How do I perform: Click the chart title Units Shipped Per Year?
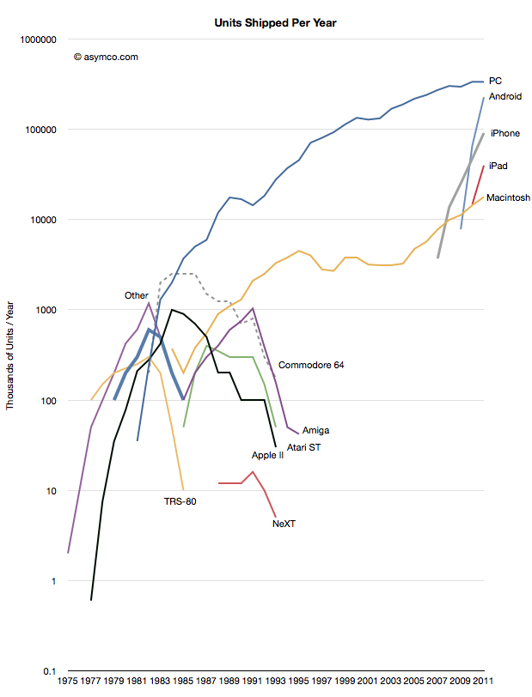coord(274,23)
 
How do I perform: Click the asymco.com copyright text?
coord(107,58)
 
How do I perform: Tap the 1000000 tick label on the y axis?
coord(37,39)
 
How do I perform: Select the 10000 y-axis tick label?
coord(41,220)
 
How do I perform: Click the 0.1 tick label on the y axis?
coord(50,671)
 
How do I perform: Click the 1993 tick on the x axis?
coord(276,682)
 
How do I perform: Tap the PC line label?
coord(496,80)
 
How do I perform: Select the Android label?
coord(505,97)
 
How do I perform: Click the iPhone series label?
coord(505,134)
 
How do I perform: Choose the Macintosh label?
coord(508,197)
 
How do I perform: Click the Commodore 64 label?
coord(311,365)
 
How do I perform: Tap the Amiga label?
coord(316,430)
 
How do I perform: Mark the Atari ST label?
coord(304,447)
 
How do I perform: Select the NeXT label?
coord(284,523)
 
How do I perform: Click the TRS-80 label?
coord(180,501)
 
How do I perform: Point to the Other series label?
coord(137,295)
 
